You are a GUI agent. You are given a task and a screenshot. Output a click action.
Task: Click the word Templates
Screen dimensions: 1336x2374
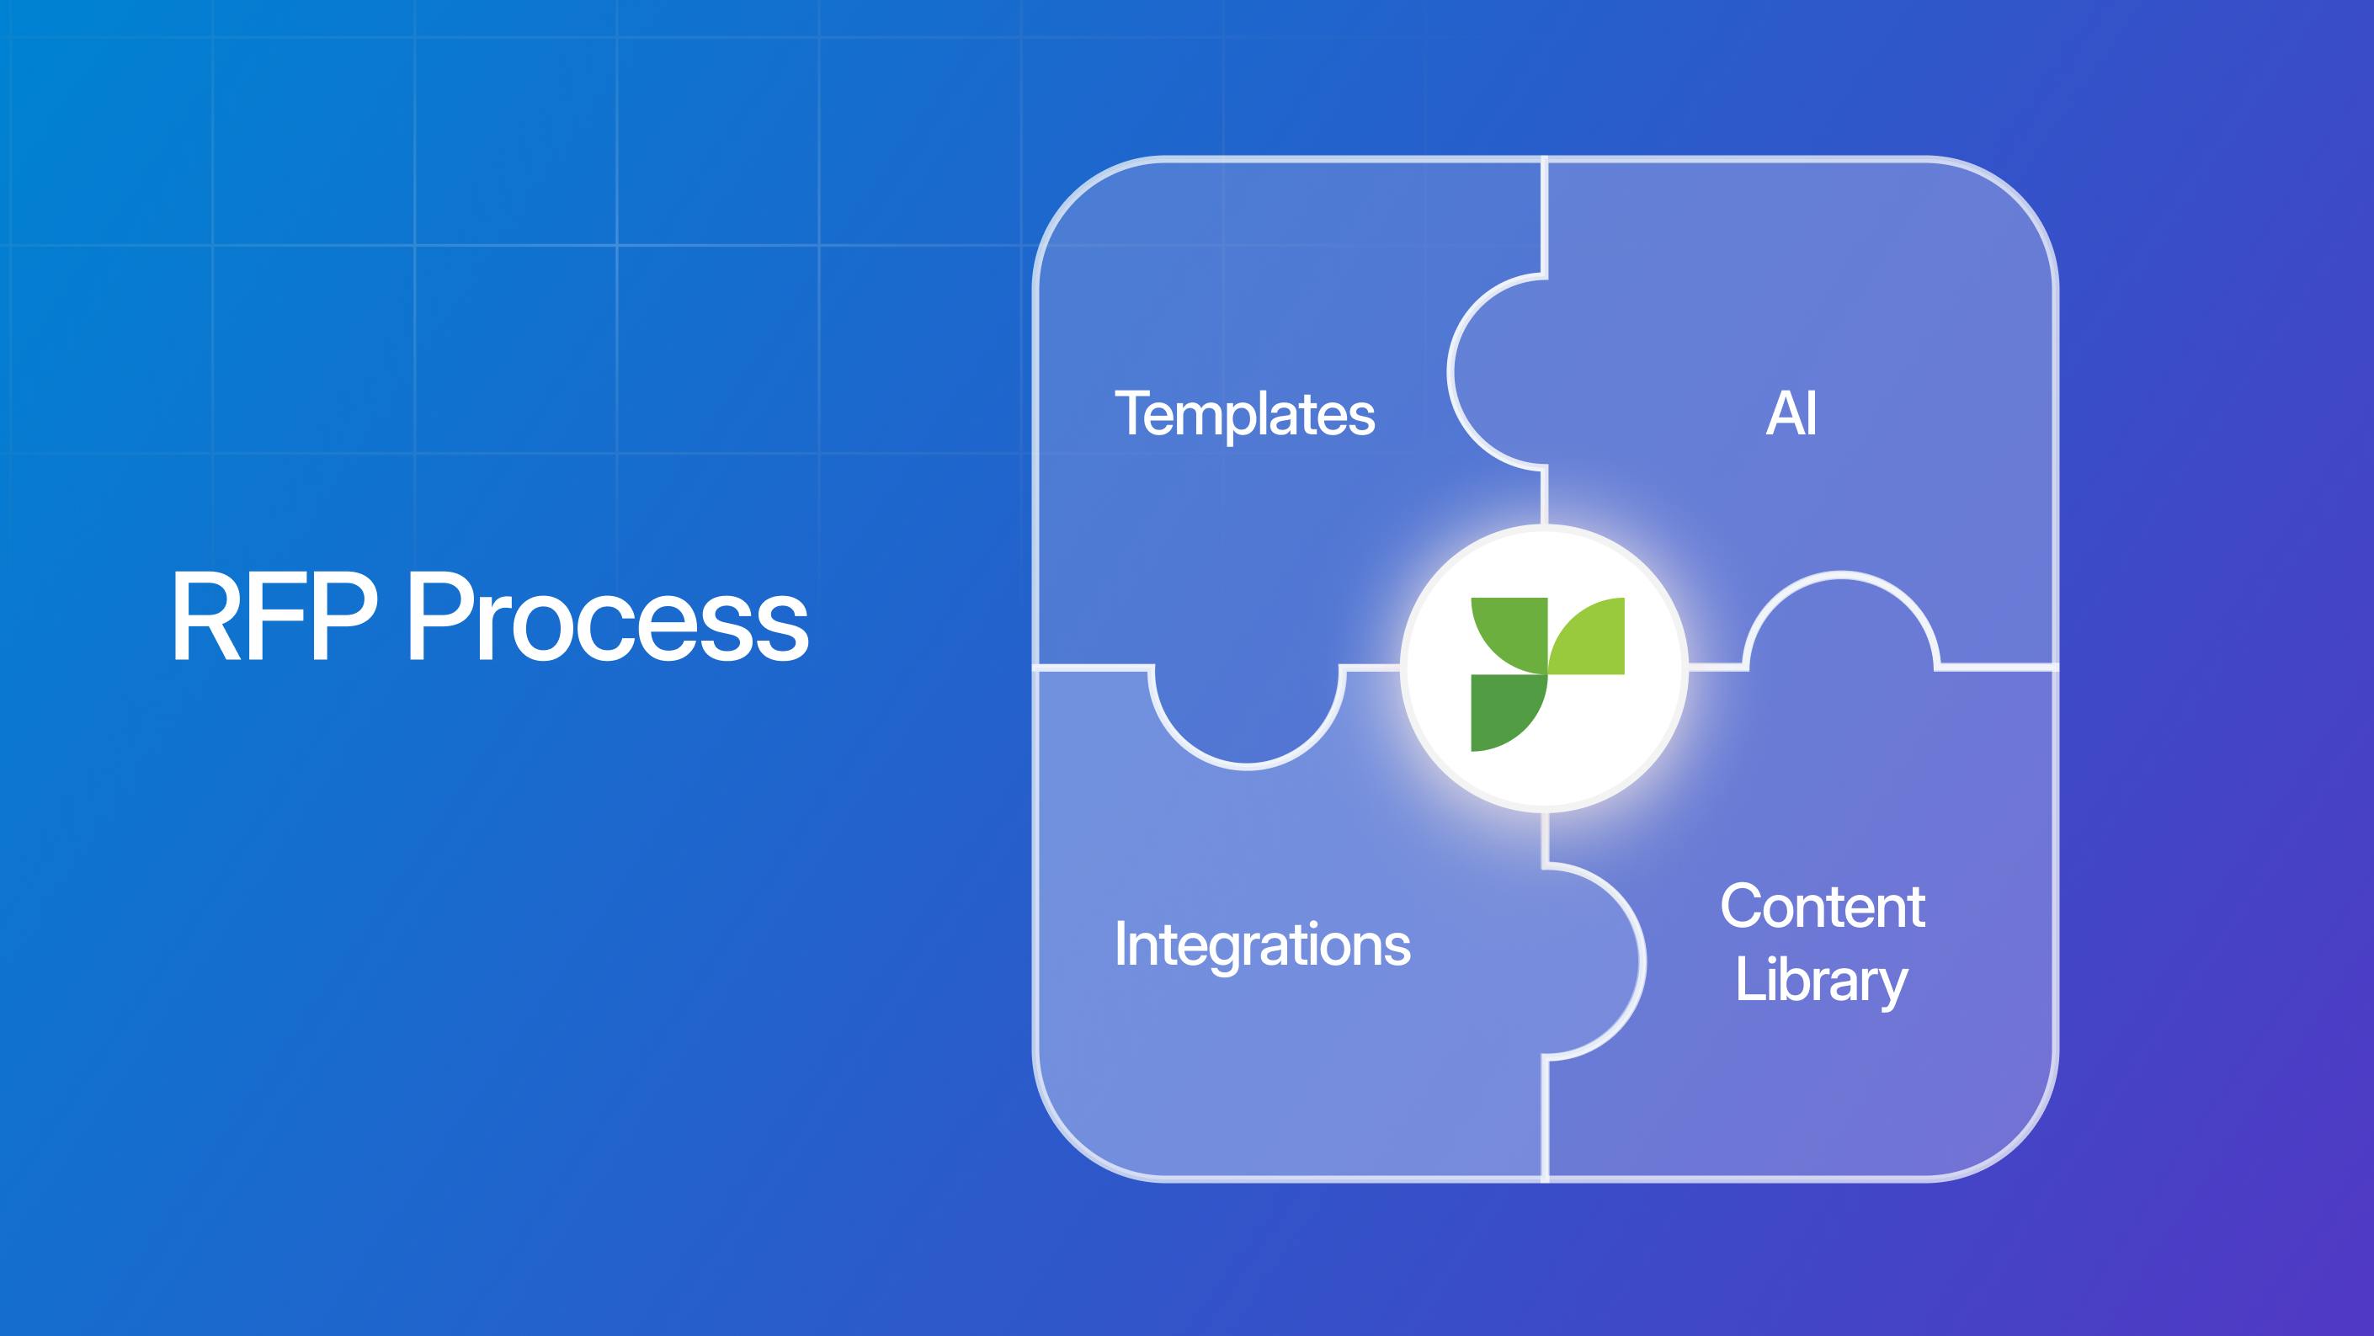tap(1244, 415)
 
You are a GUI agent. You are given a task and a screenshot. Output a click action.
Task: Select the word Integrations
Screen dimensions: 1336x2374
tap(1262, 945)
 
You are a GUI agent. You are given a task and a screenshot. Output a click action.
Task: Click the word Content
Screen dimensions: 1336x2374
tap(1822, 907)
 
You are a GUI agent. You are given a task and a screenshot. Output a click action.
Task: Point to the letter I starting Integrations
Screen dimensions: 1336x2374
tap(1120, 945)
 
